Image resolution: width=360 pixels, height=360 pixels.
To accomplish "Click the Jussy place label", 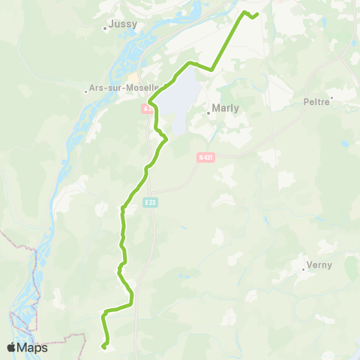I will [122, 23].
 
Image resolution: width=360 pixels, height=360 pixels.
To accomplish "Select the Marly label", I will [226, 108].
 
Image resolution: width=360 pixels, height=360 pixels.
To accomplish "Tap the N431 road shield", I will [205, 157].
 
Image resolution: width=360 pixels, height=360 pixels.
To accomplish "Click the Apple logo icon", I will [12, 347].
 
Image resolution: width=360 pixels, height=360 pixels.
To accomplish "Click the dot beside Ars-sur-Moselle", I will [87, 91].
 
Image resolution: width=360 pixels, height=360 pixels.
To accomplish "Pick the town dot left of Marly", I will [208, 113].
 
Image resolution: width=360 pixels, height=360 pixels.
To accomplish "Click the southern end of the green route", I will [103, 346].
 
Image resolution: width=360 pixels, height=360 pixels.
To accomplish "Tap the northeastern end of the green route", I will [257, 14].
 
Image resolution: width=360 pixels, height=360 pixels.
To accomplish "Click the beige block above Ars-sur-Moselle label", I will [133, 77].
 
